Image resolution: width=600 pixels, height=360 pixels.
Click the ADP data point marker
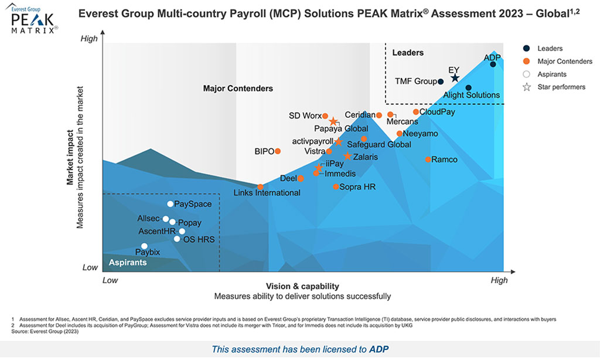493,64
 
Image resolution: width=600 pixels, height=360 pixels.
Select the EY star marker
455,78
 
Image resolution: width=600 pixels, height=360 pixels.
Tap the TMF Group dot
441,82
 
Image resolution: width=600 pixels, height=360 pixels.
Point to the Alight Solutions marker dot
468,88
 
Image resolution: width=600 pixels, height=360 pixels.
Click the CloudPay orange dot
415,112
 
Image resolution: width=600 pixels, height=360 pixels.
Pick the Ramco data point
428,159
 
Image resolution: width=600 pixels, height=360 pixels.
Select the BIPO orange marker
278,151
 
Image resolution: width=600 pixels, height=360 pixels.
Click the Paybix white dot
144,246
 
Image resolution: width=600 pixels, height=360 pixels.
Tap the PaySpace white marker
170,204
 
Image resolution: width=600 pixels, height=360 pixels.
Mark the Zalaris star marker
347,157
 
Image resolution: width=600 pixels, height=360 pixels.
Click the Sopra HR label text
357,187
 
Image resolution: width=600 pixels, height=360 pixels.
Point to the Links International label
267,193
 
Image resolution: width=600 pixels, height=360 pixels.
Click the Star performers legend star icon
526,87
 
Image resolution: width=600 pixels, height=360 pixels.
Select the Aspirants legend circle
526,74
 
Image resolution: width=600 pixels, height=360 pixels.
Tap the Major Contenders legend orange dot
526,62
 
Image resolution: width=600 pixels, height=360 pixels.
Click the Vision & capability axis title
302,286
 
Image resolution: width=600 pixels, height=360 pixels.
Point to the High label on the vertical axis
89,39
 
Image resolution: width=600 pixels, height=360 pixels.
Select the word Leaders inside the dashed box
408,53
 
